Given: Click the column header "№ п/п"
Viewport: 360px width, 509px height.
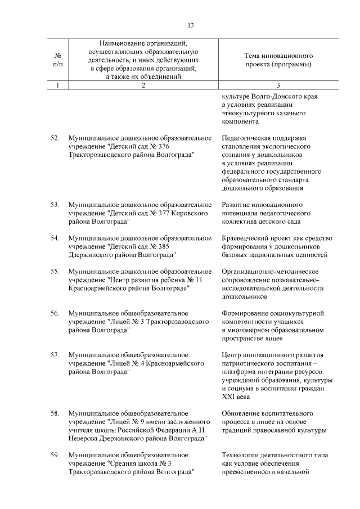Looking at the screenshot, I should [x=57, y=60].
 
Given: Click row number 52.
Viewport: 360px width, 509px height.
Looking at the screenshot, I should [x=55, y=137].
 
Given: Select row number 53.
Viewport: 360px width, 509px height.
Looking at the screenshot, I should [x=55, y=204].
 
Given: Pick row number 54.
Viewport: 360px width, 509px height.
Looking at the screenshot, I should [x=55, y=238].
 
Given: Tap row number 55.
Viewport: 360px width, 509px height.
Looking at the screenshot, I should [x=55, y=271].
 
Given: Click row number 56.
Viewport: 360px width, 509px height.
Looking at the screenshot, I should [x=55, y=313].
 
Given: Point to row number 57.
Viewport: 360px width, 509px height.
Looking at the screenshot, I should [x=55, y=355].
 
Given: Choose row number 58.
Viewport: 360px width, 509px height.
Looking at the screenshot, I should [x=55, y=413].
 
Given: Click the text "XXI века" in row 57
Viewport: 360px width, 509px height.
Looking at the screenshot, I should [x=236, y=397].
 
